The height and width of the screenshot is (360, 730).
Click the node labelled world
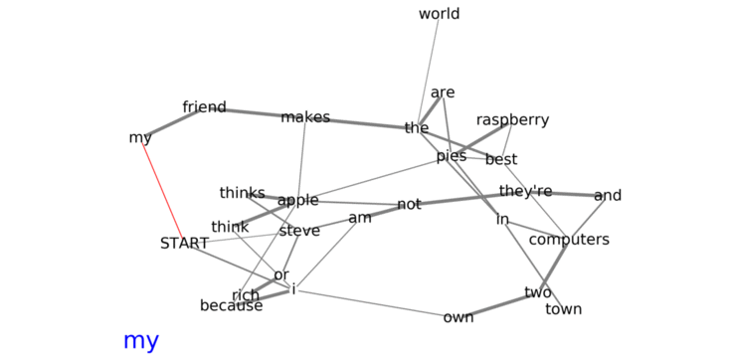[439, 14]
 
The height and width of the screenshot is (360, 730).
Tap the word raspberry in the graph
[512, 120]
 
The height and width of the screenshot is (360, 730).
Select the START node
[184, 243]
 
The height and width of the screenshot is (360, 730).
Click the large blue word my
[141, 342]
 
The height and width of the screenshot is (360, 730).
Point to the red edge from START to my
[162, 191]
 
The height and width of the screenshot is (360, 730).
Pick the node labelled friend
[205, 107]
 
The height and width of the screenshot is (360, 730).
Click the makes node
[305, 117]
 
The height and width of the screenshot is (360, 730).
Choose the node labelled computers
[569, 240]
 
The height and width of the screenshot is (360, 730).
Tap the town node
[563, 309]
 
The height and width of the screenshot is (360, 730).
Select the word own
[458, 317]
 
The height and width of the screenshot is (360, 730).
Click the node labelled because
[232, 306]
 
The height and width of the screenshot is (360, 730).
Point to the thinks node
[242, 193]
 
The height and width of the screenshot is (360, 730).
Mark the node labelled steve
[299, 231]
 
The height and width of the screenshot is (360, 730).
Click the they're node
[525, 191]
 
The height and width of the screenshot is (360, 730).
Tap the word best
[501, 160]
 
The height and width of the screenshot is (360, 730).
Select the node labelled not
[409, 205]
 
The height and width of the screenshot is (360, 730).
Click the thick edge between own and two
[499, 305]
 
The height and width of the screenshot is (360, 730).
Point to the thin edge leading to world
[429, 70]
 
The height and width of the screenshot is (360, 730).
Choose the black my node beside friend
[140, 138]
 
